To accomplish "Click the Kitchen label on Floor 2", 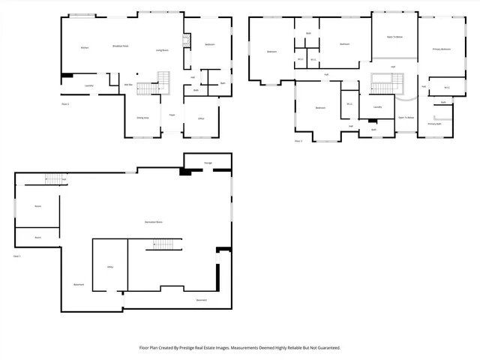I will click(85, 49).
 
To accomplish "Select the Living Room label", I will click(162, 50).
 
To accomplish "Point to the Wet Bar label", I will click(128, 85).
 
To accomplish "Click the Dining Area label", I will click(142, 118).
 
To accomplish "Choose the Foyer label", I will click(172, 115).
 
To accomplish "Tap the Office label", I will click(201, 118).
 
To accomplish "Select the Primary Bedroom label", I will click(442, 49).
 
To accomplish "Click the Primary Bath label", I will click(435, 124).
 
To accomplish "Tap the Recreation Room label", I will click(154, 220).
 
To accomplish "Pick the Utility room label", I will click(109, 266).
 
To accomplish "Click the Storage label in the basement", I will click(208, 163).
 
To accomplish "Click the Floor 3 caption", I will click(298, 140).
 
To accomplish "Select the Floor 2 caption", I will click(64, 103).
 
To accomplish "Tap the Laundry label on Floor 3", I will click(377, 106).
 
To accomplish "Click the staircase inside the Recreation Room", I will click(164, 244).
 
